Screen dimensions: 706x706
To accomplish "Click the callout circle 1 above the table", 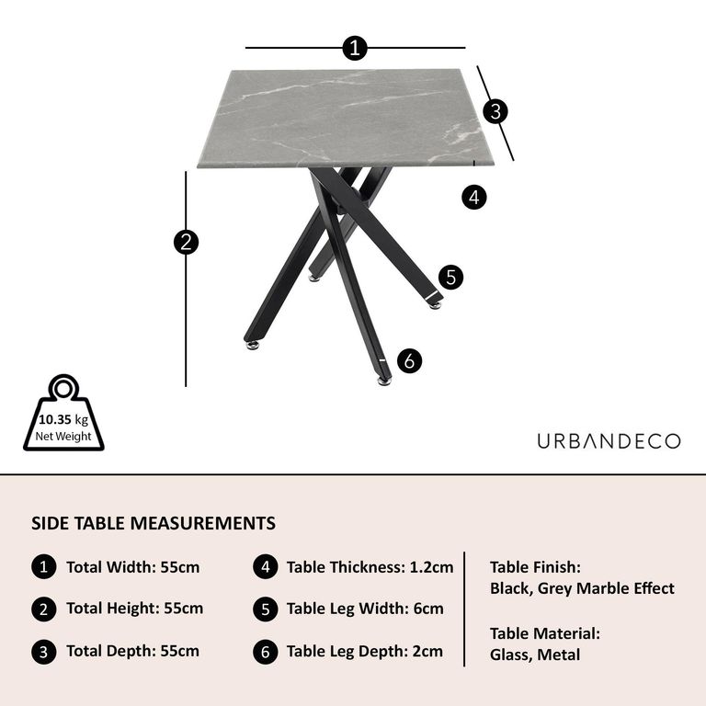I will (x=355, y=48).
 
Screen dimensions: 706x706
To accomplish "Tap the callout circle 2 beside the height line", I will (x=187, y=242).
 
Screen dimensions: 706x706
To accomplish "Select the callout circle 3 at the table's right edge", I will (x=495, y=111).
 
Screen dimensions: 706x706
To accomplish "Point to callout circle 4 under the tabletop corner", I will (x=473, y=197).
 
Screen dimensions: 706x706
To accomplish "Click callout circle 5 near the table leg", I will (x=449, y=277).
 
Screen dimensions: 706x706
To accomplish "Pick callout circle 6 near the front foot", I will (x=410, y=361).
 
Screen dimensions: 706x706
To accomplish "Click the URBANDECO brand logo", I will (x=609, y=441).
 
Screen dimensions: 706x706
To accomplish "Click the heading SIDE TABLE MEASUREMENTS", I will (x=154, y=524).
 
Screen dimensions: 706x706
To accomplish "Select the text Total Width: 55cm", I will (x=132, y=567).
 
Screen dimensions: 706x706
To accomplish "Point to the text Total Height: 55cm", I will (x=134, y=609).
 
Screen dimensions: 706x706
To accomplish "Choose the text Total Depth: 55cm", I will (x=132, y=652).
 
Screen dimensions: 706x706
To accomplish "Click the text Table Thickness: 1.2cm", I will (x=370, y=567).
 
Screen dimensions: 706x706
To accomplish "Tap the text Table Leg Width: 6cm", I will (x=365, y=609).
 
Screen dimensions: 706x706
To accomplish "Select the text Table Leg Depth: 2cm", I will (x=365, y=652).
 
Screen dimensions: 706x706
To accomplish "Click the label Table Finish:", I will (x=535, y=568).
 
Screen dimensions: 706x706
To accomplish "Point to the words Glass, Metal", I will (x=535, y=655).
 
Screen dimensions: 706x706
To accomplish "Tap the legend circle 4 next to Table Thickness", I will (x=265, y=567).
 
